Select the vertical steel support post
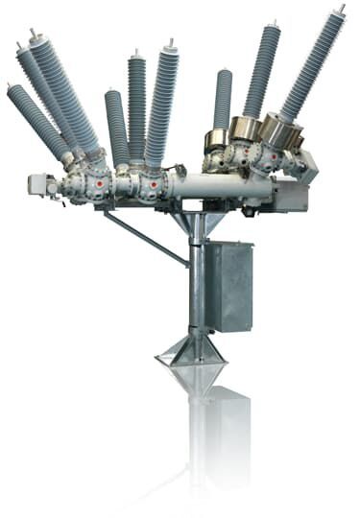pos(196,288)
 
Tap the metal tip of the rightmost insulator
pos(340,9)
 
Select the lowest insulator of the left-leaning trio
pos(36,120)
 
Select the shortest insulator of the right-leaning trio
pos(223,101)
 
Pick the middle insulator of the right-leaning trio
pos(261,72)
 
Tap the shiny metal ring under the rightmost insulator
pos(279,132)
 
